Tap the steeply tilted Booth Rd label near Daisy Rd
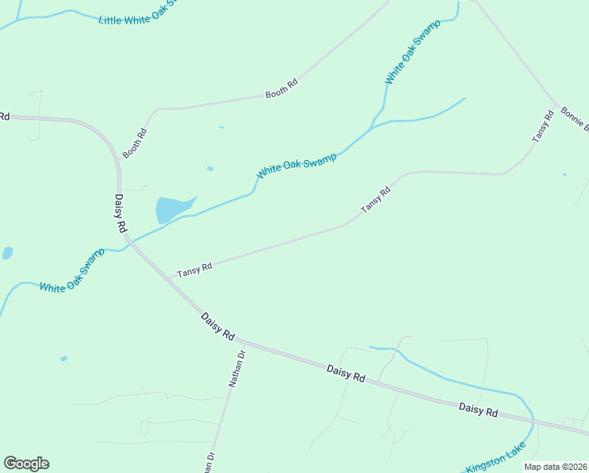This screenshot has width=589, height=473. point(135,143)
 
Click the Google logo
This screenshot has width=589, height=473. point(26,464)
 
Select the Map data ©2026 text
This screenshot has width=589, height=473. point(555,467)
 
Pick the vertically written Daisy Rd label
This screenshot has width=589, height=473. point(120,214)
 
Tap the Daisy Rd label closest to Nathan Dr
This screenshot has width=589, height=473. point(217,326)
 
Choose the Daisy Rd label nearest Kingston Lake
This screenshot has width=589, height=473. point(479,409)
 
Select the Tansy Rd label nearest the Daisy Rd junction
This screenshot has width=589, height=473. point(194,270)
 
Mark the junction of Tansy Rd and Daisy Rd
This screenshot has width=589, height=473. point(167,277)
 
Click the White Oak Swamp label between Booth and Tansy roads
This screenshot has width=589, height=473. point(296,165)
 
